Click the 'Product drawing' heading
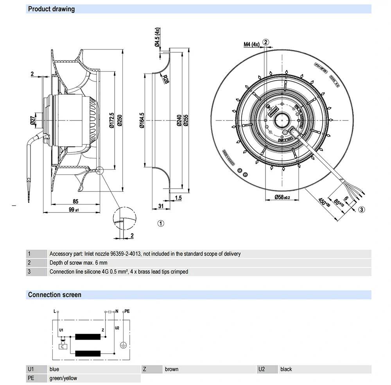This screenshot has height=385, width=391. [x=51, y=9]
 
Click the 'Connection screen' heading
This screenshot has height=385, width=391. [x=55, y=295]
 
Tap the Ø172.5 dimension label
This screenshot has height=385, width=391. [x=112, y=121]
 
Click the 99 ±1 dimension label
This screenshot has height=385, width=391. [x=74, y=210]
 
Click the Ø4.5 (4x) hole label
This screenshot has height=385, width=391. [x=157, y=37]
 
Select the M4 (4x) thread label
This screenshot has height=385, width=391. [x=252, y=44]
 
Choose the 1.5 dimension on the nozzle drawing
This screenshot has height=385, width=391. [x=178, y=198]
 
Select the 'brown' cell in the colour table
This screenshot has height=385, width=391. [x=172, y=369]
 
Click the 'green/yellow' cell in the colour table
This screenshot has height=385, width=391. [x=63, y=378]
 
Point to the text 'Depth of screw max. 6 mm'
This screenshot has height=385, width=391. [x=78, y=263]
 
